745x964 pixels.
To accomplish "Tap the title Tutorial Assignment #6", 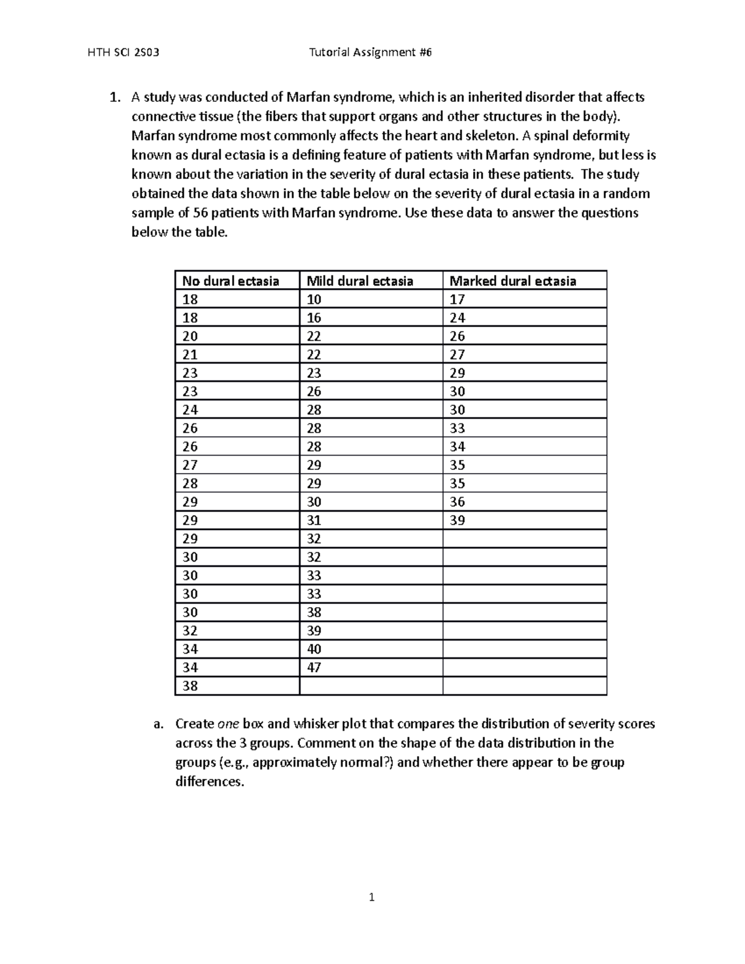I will pyautogui.click(x=370, y=52).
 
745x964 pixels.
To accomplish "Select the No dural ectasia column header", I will pyautogui.click(x=230, y=281).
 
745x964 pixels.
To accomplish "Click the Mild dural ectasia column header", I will pyautogui.click(x=360, y=281).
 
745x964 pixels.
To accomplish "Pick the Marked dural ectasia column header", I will pyautogui.click(x=513, y=281).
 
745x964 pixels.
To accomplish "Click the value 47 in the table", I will pyautogui.click(x=314, y=668).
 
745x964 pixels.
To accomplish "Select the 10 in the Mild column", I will pyautogui.click(x=314, y=300).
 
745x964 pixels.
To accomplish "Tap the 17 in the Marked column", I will pyautogui.click(x=458, y=300).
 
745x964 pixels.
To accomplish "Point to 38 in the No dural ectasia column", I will pyautogui.click(x=190, y=686).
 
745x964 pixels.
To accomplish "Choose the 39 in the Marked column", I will pyautogui.click(x=458, y=520).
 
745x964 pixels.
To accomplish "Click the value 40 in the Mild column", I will pyautogui.click(x=314, y=649).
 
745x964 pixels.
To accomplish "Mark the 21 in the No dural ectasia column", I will pyautogui.click(x=190, y=354).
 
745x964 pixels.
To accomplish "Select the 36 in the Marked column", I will pyautogui.click(x=458, y=502).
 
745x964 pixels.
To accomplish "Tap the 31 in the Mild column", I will pyautogui.click(x=314, y=520).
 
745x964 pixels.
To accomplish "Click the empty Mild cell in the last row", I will pyautogui.click(x=371, y=686).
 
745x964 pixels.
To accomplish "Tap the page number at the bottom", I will pyautogui.click(x=371, y=897).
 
